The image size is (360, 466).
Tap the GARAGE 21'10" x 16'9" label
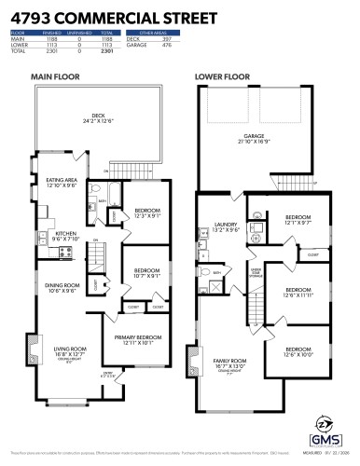coord(254,137)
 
